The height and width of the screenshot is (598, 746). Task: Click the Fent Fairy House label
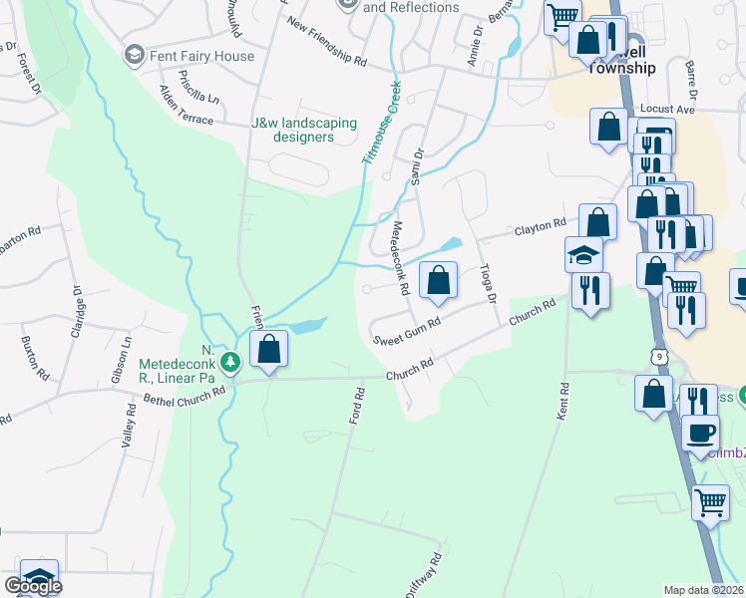coord(201,56)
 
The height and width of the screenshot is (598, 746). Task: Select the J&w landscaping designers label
coord(303,130)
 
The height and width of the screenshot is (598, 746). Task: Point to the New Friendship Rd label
coord(325,41)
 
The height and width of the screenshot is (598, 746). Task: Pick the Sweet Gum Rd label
coord(407,332)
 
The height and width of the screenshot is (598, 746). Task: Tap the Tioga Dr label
coord(488,283)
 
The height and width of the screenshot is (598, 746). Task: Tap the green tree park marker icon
coord(231,361)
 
